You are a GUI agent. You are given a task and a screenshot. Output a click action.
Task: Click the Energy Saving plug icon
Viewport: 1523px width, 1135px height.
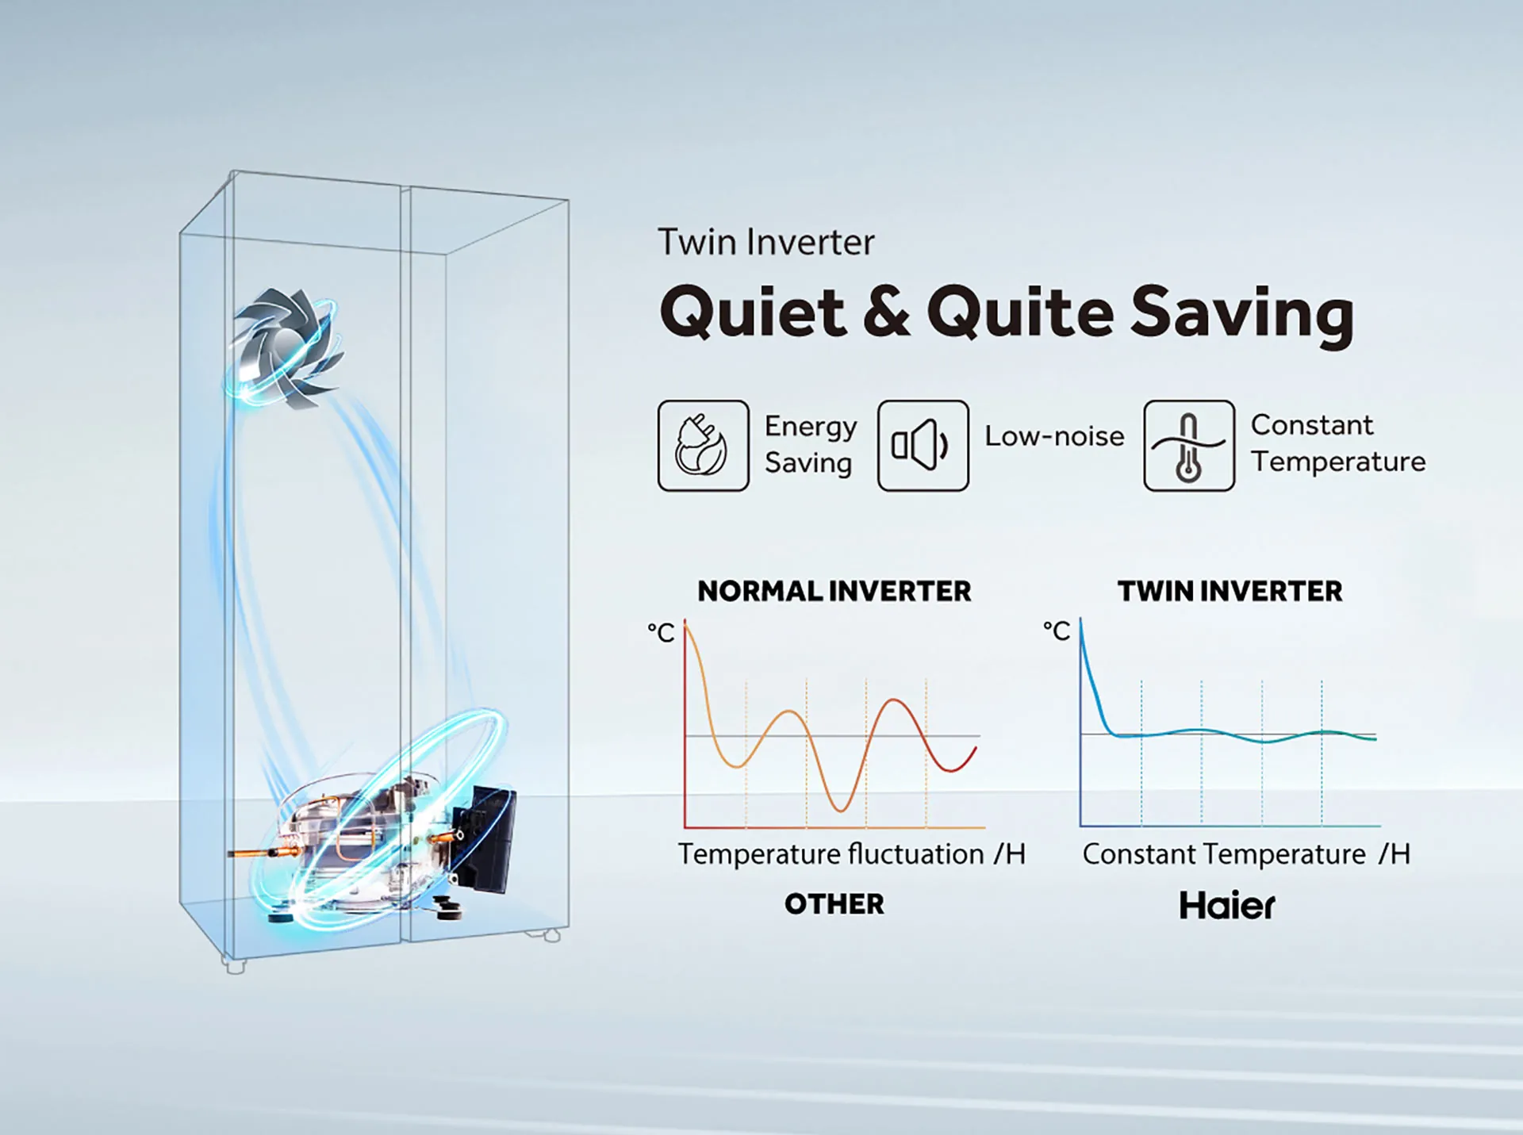pos(703,446)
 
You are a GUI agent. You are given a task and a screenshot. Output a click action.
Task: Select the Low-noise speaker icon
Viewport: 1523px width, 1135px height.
pos(923,446)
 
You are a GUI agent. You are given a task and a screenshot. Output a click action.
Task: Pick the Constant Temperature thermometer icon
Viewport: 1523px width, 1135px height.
pos(1188,446)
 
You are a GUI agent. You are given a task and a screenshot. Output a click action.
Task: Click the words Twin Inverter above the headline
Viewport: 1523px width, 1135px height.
pos(766,242)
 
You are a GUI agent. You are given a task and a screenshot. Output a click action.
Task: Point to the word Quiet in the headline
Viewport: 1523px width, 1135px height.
pos(754,313)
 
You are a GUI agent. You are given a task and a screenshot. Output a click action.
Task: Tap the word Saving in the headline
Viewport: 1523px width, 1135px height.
pos(1242,314)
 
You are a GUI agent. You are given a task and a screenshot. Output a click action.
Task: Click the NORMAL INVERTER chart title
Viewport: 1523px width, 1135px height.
pos(834,591)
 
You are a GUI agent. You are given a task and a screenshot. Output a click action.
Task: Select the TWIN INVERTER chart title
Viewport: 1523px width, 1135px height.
pos(1230,591)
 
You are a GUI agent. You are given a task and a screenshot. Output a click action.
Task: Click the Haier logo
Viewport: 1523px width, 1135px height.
pos(1227,905)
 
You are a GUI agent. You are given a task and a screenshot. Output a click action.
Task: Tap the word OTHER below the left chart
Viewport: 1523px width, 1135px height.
pos(834,904)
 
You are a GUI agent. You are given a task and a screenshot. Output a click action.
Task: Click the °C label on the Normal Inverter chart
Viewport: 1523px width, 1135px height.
pos(661,632)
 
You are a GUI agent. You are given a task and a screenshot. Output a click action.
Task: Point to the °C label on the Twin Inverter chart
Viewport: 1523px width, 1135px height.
pos(1057,631)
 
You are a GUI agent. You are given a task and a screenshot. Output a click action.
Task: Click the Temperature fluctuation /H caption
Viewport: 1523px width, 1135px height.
pos(852,854)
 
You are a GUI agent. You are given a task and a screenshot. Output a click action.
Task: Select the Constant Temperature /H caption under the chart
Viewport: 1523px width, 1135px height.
pos(1247,854)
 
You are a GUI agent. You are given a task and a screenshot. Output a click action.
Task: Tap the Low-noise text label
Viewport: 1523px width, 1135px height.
pos(1054,436)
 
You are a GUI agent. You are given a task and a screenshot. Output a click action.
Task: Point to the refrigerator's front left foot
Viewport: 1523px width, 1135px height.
pos(233,966)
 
